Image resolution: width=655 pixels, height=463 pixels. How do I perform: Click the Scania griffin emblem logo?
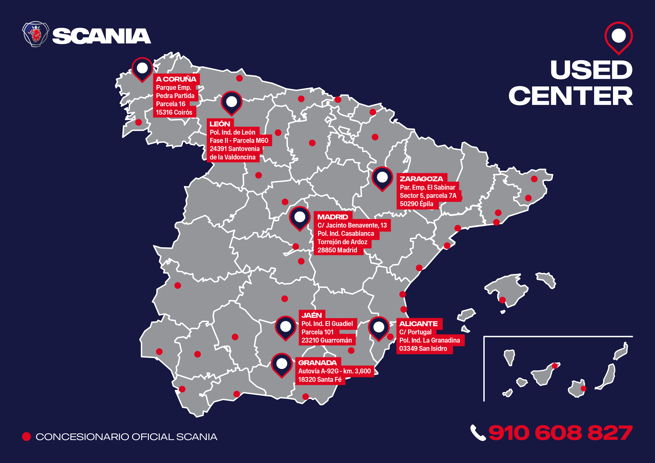36,34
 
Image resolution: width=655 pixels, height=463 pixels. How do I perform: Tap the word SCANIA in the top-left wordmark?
102,36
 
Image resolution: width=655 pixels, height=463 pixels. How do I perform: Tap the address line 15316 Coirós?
174,112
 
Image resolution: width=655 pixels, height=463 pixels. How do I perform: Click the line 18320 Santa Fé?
320,380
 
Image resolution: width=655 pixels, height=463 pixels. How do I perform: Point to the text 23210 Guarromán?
327,340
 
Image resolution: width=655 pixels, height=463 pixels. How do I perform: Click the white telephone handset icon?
478,433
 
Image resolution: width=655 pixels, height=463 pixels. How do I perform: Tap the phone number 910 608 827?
560,433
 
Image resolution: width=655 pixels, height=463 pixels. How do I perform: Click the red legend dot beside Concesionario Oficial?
27,436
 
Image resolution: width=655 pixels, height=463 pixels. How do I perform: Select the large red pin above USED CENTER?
618,37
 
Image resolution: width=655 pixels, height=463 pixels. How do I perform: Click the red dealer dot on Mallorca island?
502,300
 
